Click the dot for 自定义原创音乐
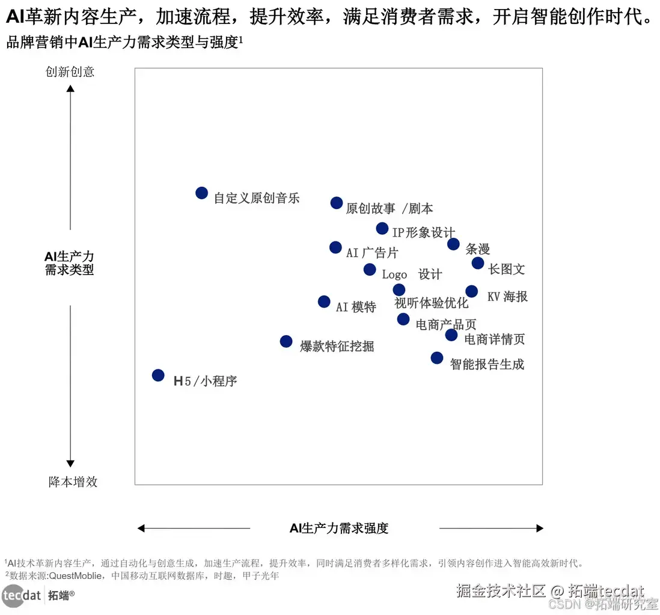point(202,193)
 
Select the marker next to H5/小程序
point(158,375)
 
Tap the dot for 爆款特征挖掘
point(286,341)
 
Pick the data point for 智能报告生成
point(437,358)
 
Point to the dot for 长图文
point(478,263)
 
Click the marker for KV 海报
point(472,291)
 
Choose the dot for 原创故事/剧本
point(337,203)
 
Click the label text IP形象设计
point(423,232)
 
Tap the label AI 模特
point(356,307)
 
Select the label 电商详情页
point(495,339)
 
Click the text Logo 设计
point(412,274)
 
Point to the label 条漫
point(478,249)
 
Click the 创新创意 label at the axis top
point(70,72)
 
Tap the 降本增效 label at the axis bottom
point(73,482)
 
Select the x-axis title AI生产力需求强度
point(339,529)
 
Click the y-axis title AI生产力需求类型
point(70,264)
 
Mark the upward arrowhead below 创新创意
point(70,89)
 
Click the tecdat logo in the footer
point(22,596)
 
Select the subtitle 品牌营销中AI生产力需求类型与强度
point(123,43)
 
